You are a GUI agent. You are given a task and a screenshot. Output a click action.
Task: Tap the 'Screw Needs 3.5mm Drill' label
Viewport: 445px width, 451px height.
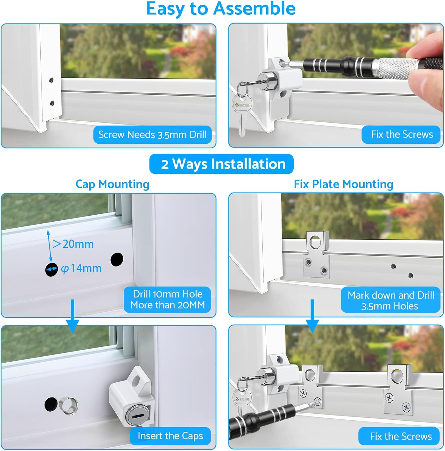152,134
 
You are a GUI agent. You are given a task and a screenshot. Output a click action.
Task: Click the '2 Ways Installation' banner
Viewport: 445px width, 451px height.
221,164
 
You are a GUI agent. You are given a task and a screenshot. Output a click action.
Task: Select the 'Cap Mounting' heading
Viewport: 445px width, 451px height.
112,184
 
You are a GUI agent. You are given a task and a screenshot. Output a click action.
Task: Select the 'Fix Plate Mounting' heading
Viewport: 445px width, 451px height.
343,184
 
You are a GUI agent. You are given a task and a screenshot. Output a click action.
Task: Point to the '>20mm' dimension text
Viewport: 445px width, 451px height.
73,244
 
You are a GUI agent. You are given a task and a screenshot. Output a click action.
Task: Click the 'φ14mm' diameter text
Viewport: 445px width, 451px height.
81,268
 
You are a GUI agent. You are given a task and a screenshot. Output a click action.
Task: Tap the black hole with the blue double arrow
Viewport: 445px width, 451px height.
51,270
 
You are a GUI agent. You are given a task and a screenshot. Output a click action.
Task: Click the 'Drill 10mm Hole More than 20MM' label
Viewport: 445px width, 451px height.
167,299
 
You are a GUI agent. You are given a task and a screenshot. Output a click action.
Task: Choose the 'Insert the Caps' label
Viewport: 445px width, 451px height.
170,436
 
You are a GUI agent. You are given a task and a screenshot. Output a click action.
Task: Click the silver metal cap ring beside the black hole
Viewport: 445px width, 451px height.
69,406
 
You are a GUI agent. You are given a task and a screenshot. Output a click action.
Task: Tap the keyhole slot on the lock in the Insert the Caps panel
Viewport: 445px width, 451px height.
138,416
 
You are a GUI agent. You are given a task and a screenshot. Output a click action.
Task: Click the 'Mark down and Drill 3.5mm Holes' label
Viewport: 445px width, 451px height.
391,300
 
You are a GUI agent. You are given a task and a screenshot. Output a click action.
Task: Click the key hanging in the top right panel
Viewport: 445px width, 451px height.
243,114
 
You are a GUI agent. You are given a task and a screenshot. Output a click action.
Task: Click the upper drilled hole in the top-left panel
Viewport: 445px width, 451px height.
51,80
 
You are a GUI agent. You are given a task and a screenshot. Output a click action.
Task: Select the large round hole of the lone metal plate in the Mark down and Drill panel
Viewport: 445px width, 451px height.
315,242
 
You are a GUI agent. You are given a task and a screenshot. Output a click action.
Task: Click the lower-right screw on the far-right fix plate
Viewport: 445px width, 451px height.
406,408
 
